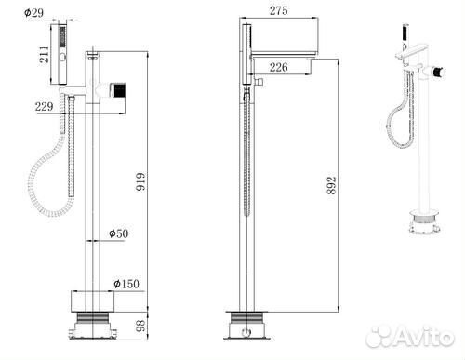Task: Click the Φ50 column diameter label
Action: (118, 233)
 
